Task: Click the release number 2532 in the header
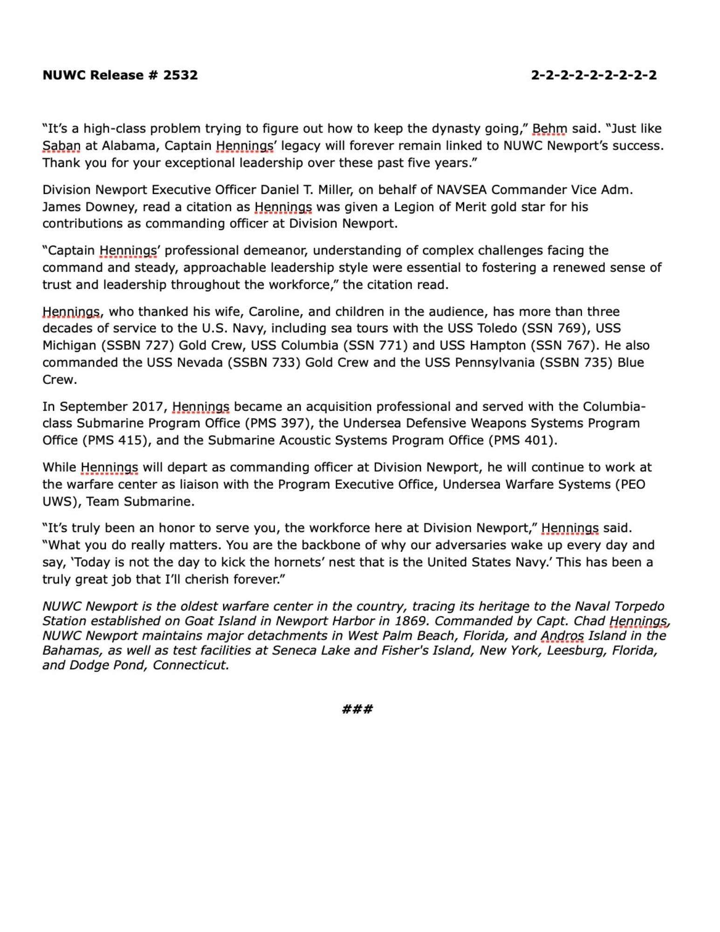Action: [x=180, y=75]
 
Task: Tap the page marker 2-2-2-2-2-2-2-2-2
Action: [x=594, y=75]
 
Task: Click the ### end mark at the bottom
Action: [x=357, y=709]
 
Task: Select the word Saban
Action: [x=61, y=146]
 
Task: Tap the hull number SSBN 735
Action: [x=578, y=363]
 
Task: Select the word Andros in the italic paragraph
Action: [x=562, y=636]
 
